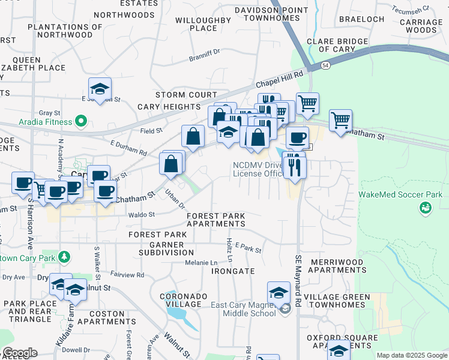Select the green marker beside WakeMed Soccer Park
coord(426,208)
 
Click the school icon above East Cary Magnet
coord(279,293)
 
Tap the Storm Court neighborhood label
coord(186,95)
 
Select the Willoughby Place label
coord(203,24)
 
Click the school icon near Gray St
coord(100,89)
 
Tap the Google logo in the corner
coord(19,353)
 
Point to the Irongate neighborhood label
coord(234,271)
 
